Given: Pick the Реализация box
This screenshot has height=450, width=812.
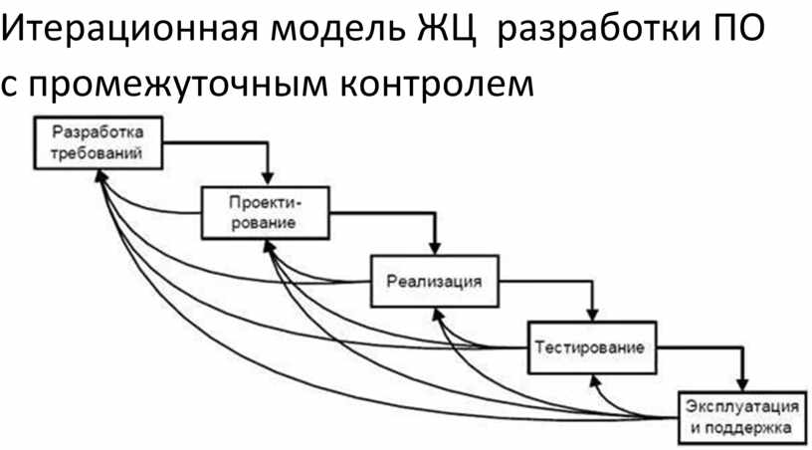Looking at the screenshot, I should pos(433,281).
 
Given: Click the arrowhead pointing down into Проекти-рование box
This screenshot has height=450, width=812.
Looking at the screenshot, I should pos(267,178).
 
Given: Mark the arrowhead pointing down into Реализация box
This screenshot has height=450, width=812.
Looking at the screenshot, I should pos(435,248).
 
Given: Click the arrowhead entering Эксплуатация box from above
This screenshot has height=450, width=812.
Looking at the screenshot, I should pos(742,384).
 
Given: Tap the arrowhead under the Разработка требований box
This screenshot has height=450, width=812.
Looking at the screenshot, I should pos(99,174).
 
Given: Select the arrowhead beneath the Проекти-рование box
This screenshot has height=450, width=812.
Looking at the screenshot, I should pos(270,245).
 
